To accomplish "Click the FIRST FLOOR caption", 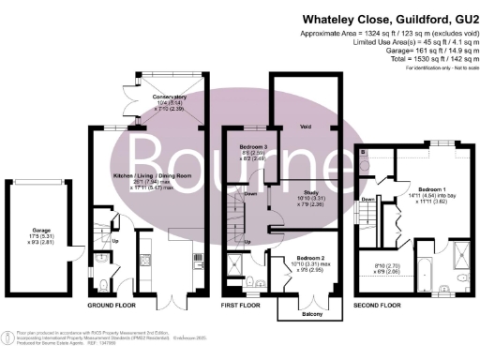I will pyautogui.click(x=243, y=306).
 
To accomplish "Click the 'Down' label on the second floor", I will pyautogui.click(x=368, y=200).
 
